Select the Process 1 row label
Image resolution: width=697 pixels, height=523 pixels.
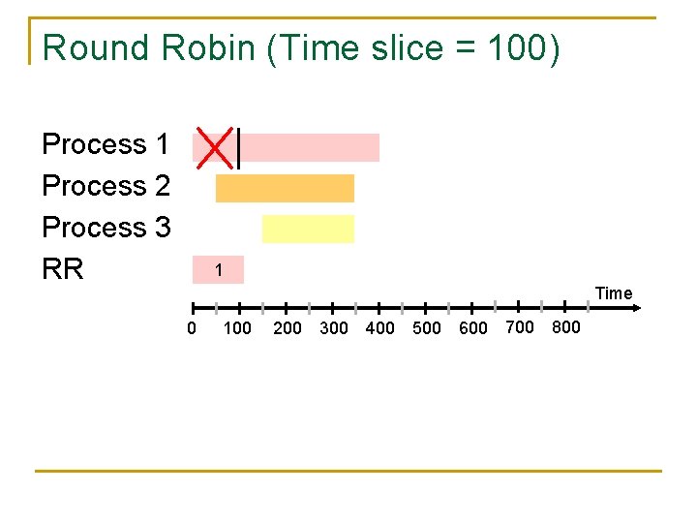pos(106,144)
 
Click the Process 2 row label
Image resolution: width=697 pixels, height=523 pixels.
pos(106,186)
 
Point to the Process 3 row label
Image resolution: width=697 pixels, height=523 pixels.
pos(106,228)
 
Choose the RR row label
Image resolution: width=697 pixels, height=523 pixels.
pos(63,268)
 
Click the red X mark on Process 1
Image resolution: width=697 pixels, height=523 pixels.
pos(214,145)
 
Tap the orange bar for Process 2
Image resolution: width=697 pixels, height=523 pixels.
pos(285,188)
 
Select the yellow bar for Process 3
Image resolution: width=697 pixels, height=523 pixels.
pos(308,229)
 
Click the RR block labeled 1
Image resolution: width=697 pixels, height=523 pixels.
pos(219,269)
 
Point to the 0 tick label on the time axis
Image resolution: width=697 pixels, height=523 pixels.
pos(192,328)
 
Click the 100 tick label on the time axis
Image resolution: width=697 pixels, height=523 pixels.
pos(237,328)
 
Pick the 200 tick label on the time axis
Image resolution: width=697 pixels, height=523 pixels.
pos(288,328)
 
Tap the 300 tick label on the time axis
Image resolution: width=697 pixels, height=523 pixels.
pos(334,328)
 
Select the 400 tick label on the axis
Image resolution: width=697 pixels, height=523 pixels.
pos(380,328)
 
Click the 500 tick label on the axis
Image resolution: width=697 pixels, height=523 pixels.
pos(427,328)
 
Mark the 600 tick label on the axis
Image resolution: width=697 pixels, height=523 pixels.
pos(473,328)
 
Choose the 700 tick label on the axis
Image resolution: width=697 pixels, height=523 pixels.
pos(520,327)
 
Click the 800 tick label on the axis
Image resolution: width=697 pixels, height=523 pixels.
pos(566,327)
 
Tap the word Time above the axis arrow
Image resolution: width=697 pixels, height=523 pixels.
pos(614,292)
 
